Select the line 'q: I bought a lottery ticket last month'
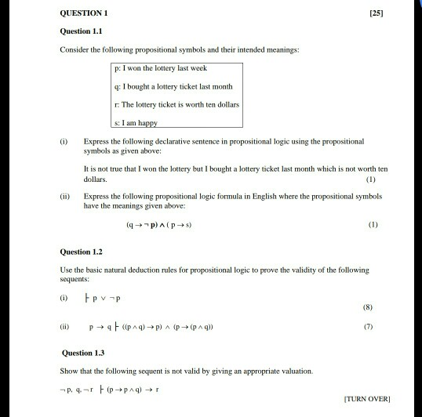[173, 87]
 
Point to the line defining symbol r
[176, 103]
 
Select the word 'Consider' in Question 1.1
[75, 50]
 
